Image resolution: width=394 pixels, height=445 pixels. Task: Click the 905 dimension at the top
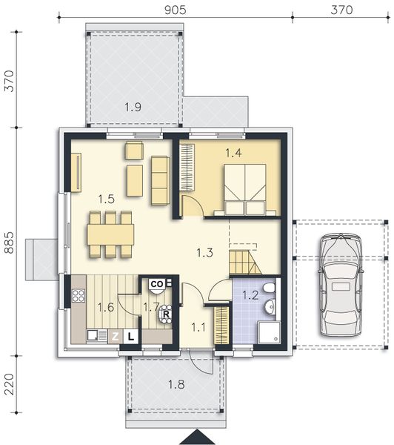point(176,10)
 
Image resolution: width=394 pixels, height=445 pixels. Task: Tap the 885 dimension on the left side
point(10,243)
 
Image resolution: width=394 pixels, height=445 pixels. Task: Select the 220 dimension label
point(10,384)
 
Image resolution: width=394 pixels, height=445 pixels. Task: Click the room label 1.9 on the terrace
point(133,108)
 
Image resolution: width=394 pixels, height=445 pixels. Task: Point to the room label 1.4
point(233,153)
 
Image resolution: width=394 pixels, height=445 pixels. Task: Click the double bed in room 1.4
point(245,190)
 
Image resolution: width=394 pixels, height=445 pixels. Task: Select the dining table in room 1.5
point(110,234)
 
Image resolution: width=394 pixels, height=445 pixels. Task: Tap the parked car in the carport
point(341,285)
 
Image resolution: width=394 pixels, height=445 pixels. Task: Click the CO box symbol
point(157,284)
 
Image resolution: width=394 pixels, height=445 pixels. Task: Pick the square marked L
point(130,337)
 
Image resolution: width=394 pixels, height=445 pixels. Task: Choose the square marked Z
point(116,337)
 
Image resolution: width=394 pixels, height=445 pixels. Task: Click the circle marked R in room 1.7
point(166,314)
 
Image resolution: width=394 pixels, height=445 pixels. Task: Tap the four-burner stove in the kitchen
point(79,296)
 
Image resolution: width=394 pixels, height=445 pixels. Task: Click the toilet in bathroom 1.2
point(269,289)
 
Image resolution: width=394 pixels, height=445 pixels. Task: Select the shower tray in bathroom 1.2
point(269,332)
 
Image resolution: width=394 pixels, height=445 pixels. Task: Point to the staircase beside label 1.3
point(245,262)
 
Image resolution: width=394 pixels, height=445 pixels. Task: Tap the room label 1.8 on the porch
point(176,385)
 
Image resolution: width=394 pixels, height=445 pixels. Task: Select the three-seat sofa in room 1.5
point(161,180)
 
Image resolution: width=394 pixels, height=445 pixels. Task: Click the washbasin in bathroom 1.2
point(270,307)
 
